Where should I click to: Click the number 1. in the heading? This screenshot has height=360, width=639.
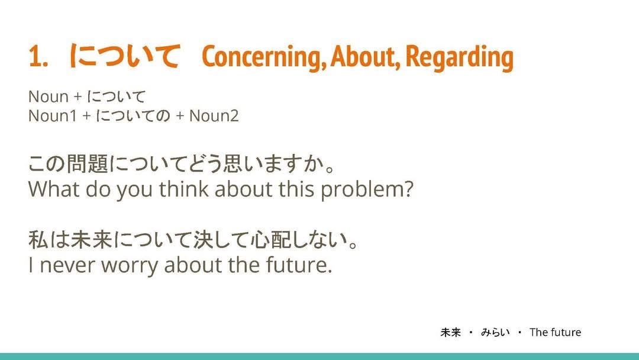[x=38, y=56]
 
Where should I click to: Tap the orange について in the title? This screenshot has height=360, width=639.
[x=124, y=56]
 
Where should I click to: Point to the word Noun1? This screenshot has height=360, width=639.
[x=53, y=116]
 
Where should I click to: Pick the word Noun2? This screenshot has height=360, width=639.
[x=214, y=116]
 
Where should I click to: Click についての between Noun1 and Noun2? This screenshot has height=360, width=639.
[x=133, y=116]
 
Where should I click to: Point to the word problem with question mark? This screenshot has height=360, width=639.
[x=367, y=190]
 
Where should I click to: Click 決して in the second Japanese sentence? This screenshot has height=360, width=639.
[x=220, y=240]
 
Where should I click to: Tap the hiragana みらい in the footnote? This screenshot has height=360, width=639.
[x=495, y=332]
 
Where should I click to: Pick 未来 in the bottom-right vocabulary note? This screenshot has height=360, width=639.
[x=450, y=332]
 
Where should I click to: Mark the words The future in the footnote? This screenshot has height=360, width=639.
[x=556, y=332]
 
